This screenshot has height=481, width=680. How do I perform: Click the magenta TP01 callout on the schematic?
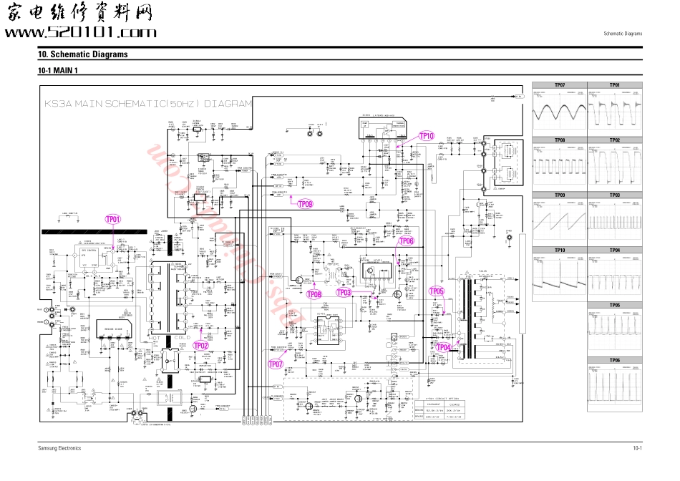pyautogui.click(x=113, y=219)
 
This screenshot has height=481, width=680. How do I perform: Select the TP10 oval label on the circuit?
pyautogui.click(x=427, y=136)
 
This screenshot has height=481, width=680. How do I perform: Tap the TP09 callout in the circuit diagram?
pyautogui.click(x=305, y=204)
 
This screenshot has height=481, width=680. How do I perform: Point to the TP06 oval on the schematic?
pyautogui.click(x=406, y=241)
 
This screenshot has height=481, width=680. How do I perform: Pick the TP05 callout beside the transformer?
pyautogui.click(x=437, y=291)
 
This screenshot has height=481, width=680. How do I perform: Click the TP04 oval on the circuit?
pyautogui.click(x=443, y=347)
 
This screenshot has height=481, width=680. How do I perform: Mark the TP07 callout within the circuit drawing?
pyautogui.click(x=276, y=364)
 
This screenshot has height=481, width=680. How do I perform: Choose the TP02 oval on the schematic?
pyautogui.click(x=201, y=345)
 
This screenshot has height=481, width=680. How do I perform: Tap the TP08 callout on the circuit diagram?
pyautogui.click(x=314, y=293)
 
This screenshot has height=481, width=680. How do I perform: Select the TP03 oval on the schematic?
pyautogui.click(x=344, y=292)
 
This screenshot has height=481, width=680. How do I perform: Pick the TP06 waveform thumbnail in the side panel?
pyautogui.click(x=615, y=387)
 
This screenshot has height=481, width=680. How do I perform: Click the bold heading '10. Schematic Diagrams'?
pyautogui.click(x=83, y=54)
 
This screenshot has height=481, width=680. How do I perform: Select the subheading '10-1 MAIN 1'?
pyautogui.click(x=57, y=71)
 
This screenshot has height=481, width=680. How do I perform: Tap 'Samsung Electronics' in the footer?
pyautogui.click(x=59, y=448)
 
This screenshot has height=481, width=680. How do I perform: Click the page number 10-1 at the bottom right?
pyautogui.click(x=636, y=448)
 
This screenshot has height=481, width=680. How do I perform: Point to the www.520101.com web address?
pyautogui.click(x=80, y=33)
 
